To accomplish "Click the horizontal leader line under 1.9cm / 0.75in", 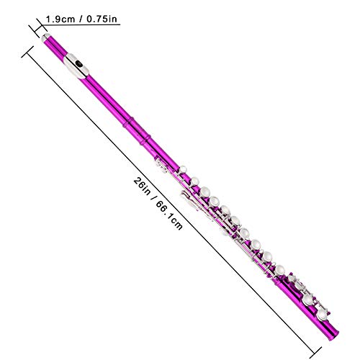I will [x=79, y=27].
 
